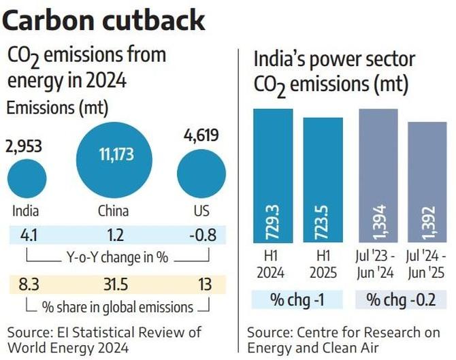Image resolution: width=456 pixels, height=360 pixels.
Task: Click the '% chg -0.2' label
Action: pos(402,299)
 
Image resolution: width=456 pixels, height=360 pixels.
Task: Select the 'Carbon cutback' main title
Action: pos(103,20)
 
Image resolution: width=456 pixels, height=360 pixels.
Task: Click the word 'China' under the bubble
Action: pos(113,210)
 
